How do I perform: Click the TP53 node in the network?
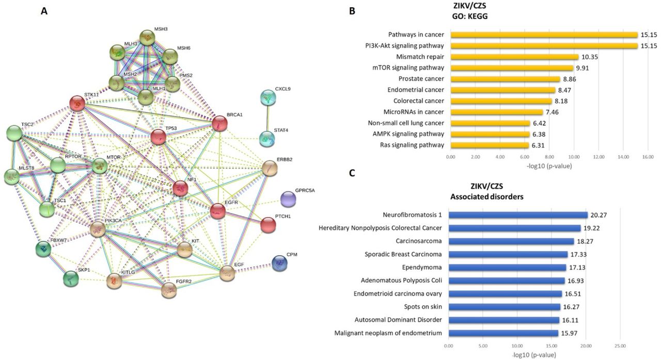(159, 137)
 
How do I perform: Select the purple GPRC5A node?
(288, 199)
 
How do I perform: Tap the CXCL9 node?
(268, 98)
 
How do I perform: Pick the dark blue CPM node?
(279, 263)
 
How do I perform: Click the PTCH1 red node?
(268, 225)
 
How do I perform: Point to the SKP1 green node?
(71, 279)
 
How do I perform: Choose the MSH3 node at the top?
(147, 38)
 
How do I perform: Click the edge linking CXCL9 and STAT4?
(267, 119)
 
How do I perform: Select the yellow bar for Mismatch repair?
(515, 57)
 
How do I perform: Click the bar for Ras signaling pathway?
(490, 145)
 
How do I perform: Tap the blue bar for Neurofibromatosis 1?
(518, 215)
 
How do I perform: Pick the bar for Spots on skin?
(505, 307)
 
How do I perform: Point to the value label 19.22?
(591, 228)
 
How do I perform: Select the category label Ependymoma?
(422, 267)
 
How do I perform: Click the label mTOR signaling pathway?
(408, 68)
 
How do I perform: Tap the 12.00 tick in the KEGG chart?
(599, 157)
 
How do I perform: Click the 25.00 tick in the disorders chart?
(620, 346)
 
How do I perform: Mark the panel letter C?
(352, 173)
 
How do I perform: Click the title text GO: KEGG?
(470, 17)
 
